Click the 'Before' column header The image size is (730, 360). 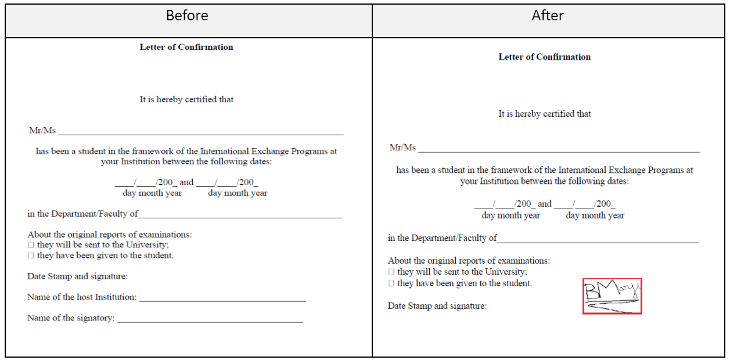coord(187,16)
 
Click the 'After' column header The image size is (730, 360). coord(548,16)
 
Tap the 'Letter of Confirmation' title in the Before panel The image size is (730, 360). coord(186,47)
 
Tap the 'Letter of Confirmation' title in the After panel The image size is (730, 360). coord(545,57)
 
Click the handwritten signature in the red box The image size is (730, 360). coord(612,296)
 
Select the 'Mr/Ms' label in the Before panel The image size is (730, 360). coord(42,131)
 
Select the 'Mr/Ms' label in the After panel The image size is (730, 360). coord(402,147)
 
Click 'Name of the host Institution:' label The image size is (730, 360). coord(82,297)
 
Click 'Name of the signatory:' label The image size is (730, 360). coord(71,318)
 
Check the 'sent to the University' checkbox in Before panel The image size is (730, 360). coord(31,246)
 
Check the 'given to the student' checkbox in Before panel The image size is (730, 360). coord(31,256)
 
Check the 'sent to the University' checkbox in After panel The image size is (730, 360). coord(391,272)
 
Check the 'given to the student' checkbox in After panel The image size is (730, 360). coord(391,284)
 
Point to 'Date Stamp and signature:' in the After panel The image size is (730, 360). coord(437,306)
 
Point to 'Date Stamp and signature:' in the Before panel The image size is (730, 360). coord(77,276)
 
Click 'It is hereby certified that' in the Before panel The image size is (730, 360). coord(186,99)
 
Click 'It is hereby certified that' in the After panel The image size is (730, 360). coord(545,114)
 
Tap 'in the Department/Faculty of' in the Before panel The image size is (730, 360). coord(82,214)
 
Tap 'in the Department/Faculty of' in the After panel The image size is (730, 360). coord(443,238)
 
